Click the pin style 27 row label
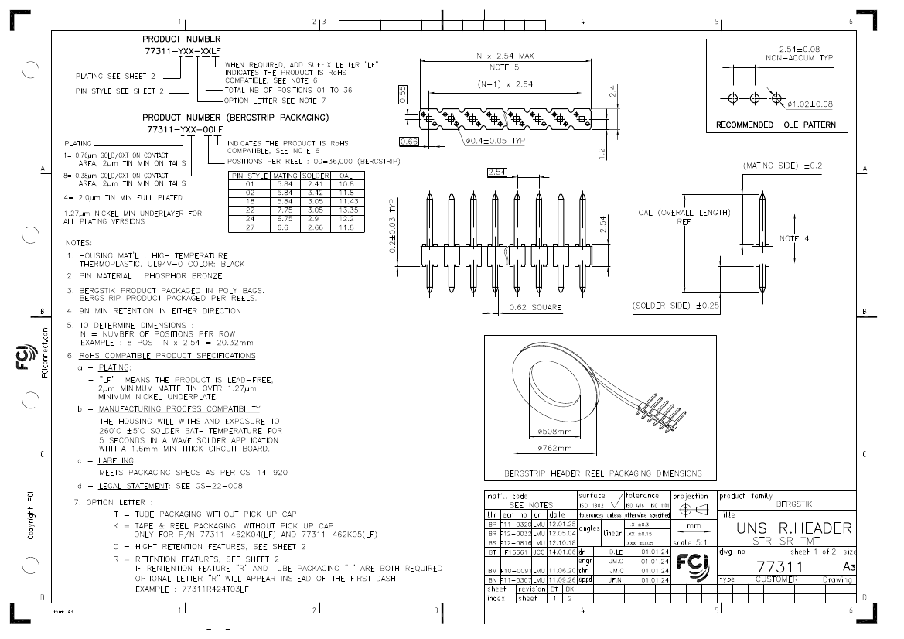coord(250,228)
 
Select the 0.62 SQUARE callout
coord(536,308)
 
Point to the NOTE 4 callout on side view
coord(794,238)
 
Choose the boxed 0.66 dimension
coord(409,142)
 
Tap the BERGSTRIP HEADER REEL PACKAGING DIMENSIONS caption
coord(603,473)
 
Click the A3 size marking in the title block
coord(849,567)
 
